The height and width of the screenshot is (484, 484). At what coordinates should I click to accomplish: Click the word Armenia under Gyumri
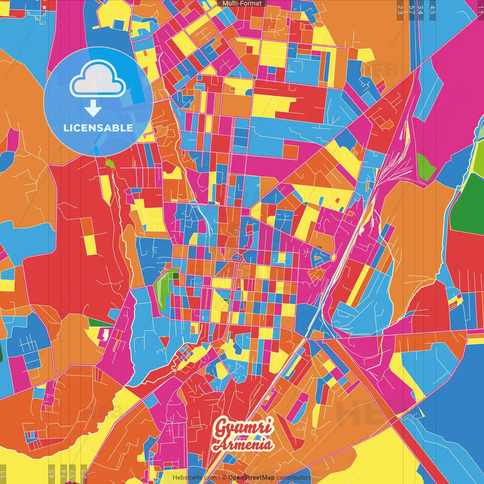click(243, 445)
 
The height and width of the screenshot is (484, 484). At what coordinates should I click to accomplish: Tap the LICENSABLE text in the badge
click(98, 128)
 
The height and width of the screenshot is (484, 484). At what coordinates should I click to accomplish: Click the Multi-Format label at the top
click(242, 3)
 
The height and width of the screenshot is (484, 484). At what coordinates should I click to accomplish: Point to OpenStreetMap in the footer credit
click(251, 478)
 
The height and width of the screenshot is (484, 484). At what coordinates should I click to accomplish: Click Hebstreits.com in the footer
click(194, 478)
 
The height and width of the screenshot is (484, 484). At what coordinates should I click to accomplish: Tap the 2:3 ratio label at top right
click(400, 10)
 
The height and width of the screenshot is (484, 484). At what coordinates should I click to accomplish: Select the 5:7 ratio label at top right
click(411, 10)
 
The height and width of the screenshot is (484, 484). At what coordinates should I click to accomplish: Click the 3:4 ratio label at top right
click(421, 10)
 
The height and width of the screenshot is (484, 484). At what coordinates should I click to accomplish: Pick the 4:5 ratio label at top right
click(433, 10)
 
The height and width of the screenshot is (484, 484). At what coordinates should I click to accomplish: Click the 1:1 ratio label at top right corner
click(480, 10)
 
